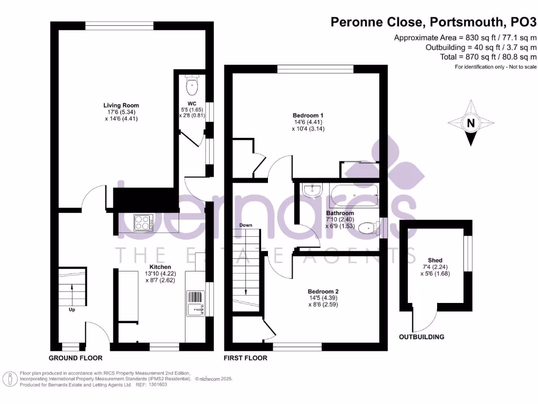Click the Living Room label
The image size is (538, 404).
point(121,105)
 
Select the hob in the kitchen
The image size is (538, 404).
point(143,223)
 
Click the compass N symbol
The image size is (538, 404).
point(471,123)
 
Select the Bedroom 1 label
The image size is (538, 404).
point(307,115)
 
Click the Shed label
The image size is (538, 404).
point(435,260)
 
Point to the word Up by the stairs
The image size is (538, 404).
point(71,310)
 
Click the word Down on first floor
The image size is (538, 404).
point(246,225)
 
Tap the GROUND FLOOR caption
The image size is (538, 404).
point(75,358)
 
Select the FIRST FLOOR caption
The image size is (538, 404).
point(245,358)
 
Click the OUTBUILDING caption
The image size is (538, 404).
point(421,337)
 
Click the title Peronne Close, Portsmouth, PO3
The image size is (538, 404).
point(433,22)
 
